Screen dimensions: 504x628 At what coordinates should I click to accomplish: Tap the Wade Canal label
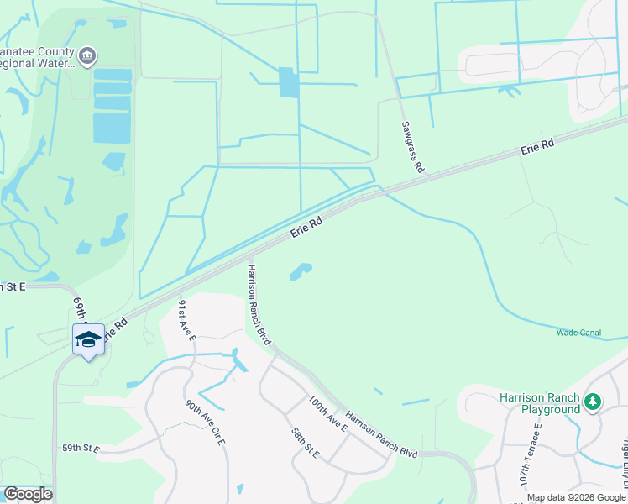(x=578, y=333)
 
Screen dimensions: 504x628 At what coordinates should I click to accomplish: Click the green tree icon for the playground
(x=593, y=402)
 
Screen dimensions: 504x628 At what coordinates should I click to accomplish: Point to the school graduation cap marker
(x=88, y=339)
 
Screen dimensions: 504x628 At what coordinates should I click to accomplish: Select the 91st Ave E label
(x=186, y=319)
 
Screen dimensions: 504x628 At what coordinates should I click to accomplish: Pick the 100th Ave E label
(x=327, y=413)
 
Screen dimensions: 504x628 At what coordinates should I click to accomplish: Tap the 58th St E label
(x=306, y=443)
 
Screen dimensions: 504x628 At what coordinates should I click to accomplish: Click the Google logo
(x=28, y=494)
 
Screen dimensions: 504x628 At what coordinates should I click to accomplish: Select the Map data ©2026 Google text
(x=576, y=497)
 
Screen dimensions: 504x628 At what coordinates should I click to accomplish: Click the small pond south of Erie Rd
(x=300, y=271)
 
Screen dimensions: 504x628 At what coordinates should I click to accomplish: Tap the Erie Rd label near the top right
(x=537, y=146)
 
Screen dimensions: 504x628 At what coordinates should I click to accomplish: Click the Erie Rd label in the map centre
(x=307, y=226)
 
